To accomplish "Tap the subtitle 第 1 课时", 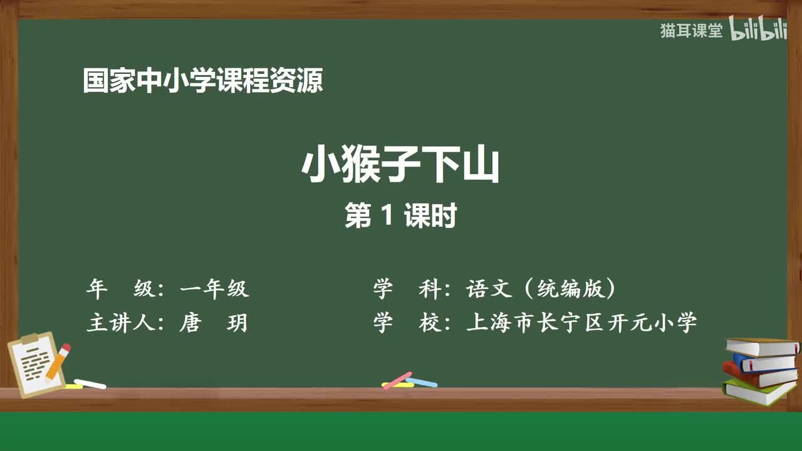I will point(400,216).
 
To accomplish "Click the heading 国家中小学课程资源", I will point(203,81).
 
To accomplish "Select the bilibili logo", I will point(758,31).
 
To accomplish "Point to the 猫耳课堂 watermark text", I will point(691,31).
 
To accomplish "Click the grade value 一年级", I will point(214,289).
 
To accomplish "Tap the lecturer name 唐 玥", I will point(214,323).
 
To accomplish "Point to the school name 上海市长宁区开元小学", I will point(581,323).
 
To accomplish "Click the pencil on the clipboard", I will point(58,361).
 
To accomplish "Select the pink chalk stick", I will point(397,380).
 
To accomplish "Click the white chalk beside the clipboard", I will point(90,383).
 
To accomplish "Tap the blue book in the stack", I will point(764,361).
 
